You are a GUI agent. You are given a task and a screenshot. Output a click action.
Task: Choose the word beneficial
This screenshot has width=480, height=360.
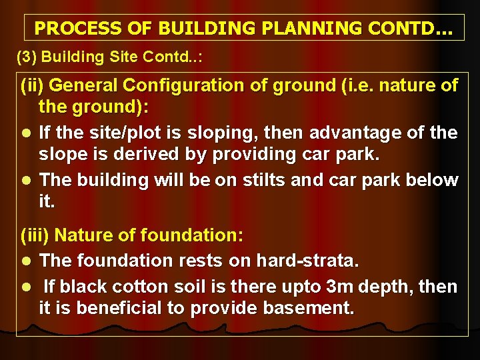(111, 309)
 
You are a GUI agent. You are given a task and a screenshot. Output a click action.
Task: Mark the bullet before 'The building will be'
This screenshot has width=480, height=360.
(25, 181)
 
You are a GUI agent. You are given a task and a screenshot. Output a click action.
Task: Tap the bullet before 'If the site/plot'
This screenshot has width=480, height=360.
(25, 133)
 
